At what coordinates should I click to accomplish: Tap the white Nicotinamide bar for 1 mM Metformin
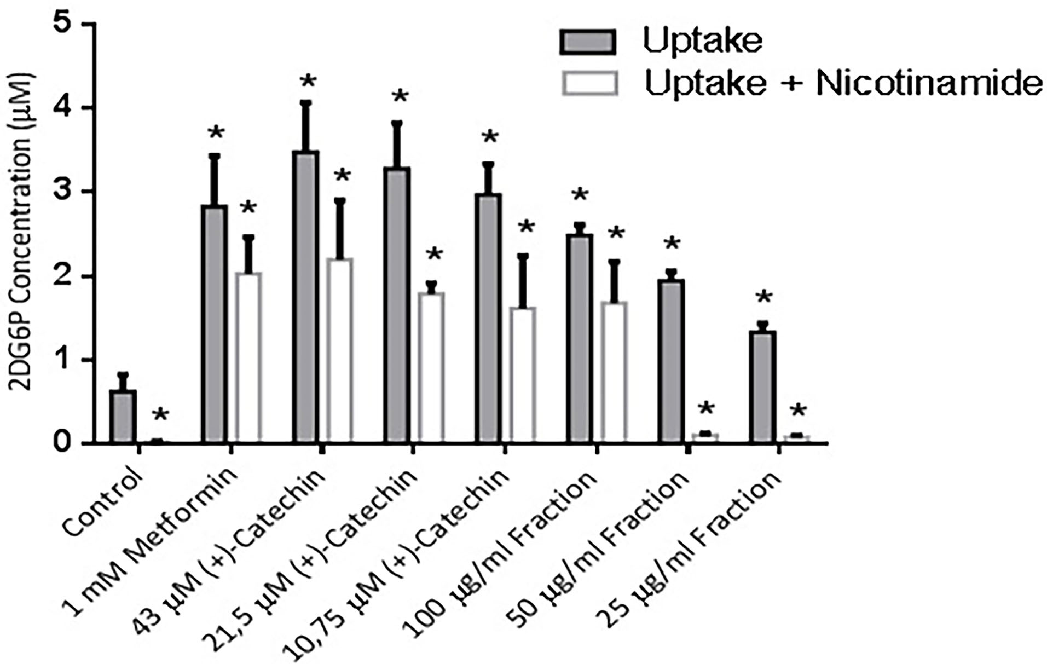(x=248, y=357)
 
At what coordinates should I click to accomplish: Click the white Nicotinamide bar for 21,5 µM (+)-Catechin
(x=431, y=367)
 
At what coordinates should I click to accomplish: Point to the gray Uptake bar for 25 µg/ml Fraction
(x=762, y=386)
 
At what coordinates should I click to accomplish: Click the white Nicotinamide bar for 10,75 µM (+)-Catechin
(x=523, y=374)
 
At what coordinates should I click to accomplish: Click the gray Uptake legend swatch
(x=587, y=42)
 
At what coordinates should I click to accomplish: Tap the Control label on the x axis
(x=104, y=501)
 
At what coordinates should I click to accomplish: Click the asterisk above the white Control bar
(x=160, y=415)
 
